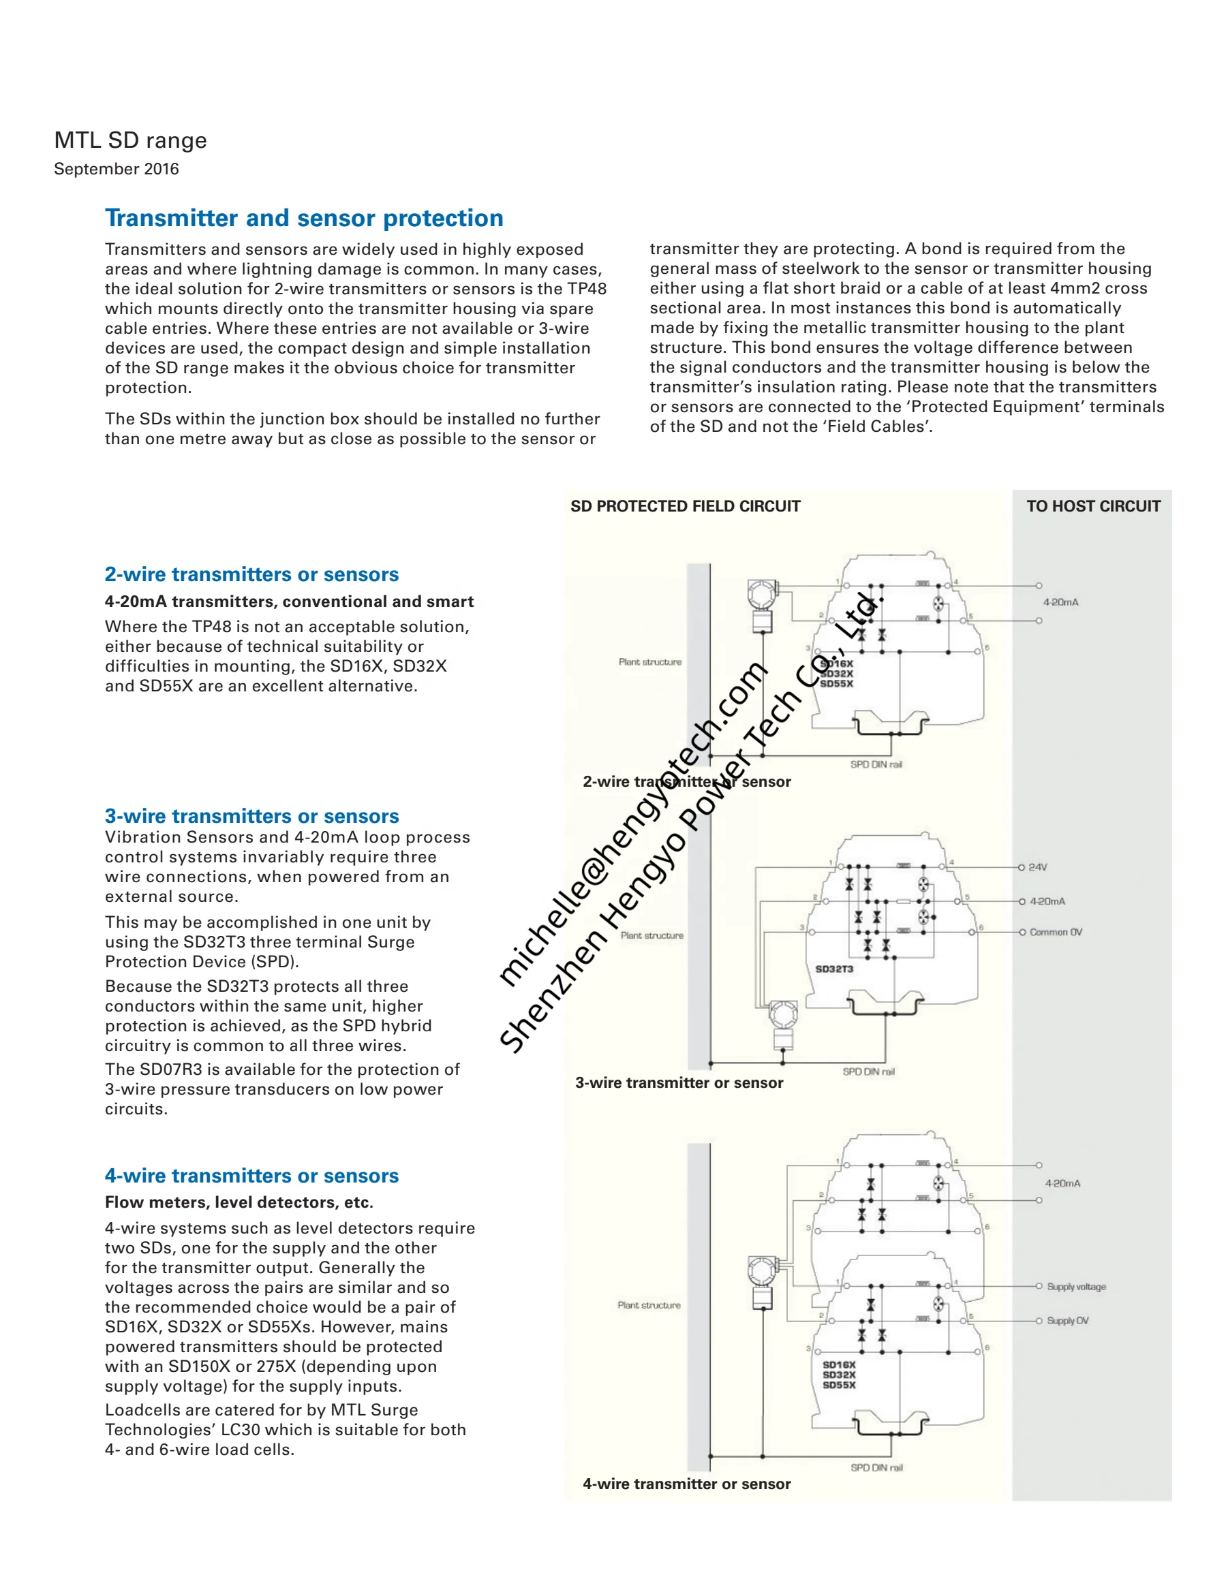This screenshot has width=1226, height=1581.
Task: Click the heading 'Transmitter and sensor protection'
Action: tap(303, 218)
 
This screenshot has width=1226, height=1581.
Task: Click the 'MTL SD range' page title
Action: tap(130, 140)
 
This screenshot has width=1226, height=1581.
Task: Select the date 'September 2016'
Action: tap(116, 169)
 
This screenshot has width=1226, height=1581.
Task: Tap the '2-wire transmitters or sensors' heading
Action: tap(251, 574)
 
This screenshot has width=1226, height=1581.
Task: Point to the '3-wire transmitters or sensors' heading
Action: tap(251, 816)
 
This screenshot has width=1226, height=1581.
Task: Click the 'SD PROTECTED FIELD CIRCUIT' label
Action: tap(685, 506)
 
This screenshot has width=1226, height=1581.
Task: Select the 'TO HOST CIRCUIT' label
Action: tap(1092, 506)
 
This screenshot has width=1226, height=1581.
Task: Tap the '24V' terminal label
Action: tap(1038, 866)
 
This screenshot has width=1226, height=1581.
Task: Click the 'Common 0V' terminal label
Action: tap(1056, 932)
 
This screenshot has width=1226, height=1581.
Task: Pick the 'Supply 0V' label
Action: tap(1067, 1320)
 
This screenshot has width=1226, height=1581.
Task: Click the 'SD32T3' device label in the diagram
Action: tap(834, 969)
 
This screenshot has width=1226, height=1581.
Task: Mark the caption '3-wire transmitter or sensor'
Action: tap(679, 1083)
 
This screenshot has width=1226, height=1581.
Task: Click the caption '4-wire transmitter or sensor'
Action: tap(686, 1484)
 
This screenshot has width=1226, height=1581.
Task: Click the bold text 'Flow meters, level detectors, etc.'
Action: tap(239, 1202)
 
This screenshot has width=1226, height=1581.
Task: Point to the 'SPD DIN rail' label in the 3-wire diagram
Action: tap(868, 1071)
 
